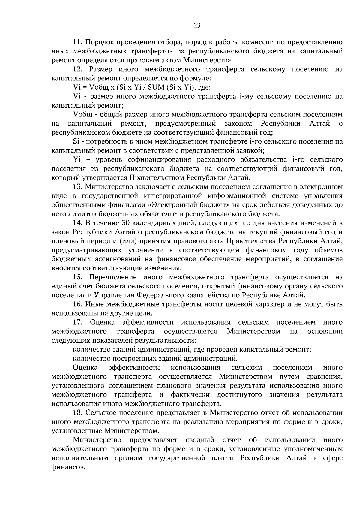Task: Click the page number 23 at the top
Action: (x=197, y=25)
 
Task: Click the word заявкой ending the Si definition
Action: (x=252, y=150)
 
